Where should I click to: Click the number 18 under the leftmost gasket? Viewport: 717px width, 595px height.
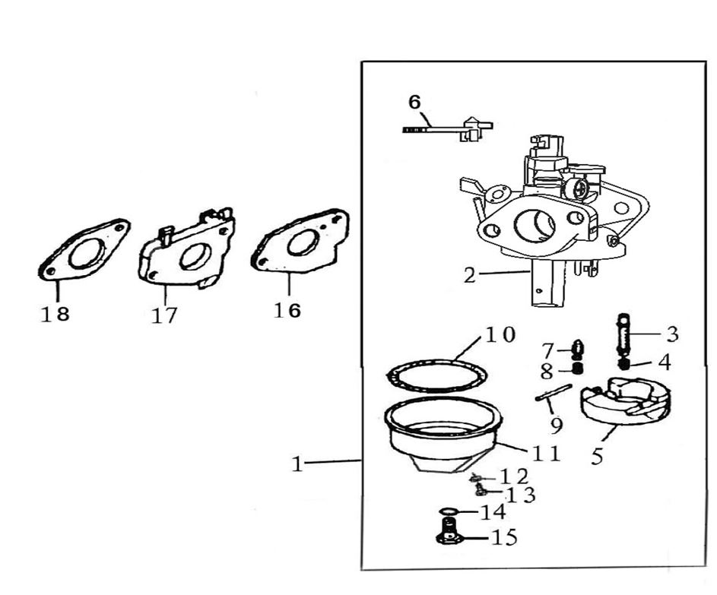55,313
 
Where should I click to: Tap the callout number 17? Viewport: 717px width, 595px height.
163,315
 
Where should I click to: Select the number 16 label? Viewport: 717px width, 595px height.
287,310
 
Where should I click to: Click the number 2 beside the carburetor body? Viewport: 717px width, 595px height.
470,275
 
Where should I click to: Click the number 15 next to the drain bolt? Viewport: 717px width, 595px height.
505,538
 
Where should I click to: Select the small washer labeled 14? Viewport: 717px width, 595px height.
449,511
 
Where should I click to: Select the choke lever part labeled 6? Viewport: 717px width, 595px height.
449,128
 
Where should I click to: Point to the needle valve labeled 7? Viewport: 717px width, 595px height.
578,350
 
